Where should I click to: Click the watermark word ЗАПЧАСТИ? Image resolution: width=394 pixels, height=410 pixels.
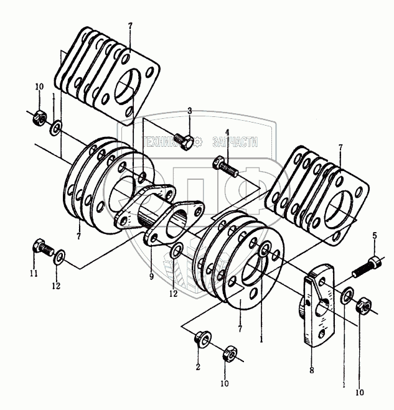coord(235,142)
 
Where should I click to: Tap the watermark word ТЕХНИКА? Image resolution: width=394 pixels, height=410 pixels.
coord(167,142)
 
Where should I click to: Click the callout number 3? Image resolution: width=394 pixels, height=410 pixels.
coord(190,111)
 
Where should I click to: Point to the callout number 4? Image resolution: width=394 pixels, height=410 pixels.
coord(227,131)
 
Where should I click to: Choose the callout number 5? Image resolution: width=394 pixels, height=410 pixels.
coord(375,235)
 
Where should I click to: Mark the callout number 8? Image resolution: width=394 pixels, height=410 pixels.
coord(312,370)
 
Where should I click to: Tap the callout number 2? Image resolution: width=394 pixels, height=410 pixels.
coord(197,368)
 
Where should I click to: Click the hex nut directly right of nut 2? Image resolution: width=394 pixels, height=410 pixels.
coord(229,354)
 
